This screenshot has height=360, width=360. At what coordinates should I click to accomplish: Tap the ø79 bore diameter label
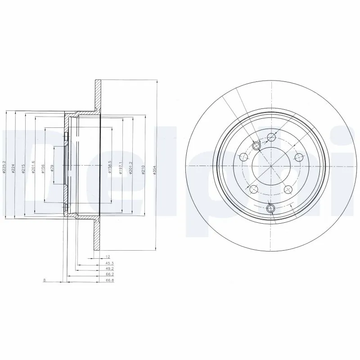point(52,168)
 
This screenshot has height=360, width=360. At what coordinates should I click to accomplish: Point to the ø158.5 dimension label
point(109,166)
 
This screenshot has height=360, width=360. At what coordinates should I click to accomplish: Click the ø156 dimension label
point(43,167)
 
